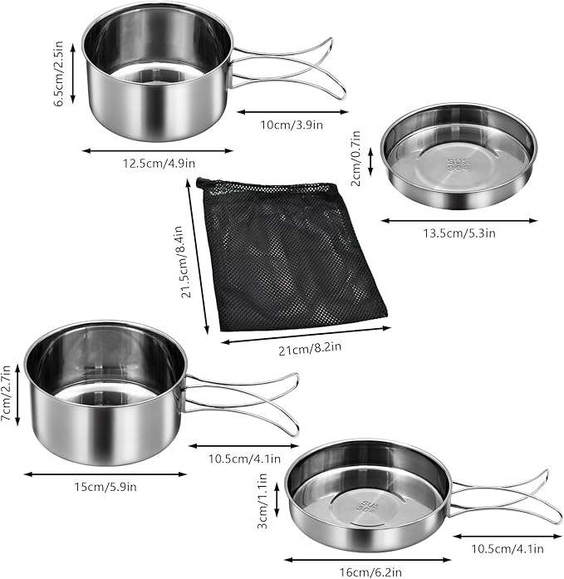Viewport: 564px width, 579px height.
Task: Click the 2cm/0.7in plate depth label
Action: [356, 158]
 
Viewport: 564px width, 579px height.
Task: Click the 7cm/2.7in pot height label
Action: [8, 394]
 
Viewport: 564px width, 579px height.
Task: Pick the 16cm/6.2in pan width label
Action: [364, 572]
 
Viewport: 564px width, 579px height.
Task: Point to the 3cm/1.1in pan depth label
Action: [260, 503]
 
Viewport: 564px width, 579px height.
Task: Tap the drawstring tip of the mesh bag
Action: [200, 182]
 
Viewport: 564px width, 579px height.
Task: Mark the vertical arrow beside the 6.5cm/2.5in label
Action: [74, 72]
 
